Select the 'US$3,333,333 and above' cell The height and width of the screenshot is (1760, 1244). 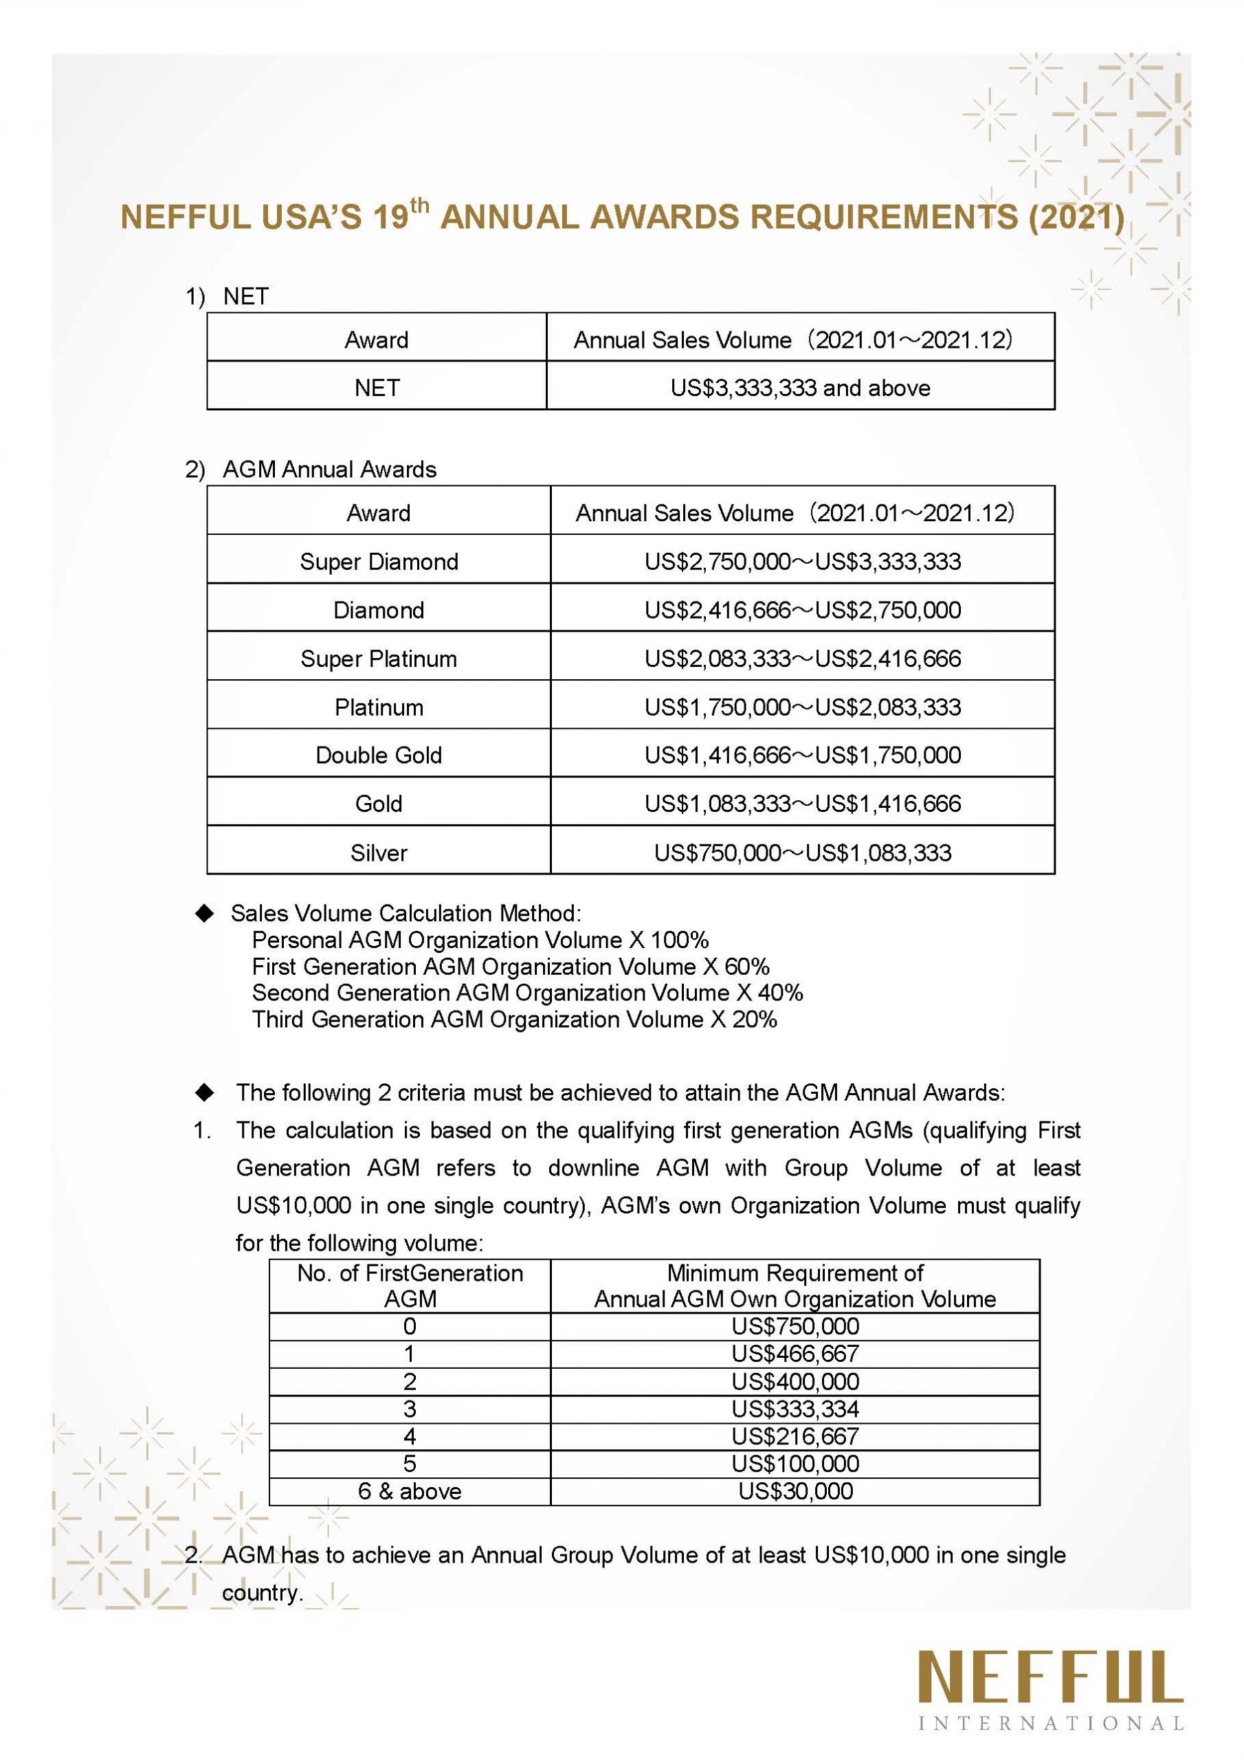[x=799, y=388]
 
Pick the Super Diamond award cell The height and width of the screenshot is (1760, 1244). [x=379, y=562]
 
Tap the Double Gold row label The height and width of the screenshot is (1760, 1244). [x=379, y=755]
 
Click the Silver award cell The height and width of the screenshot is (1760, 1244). [x=379, y=852]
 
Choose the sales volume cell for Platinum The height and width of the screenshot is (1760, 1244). [x=802, y=707]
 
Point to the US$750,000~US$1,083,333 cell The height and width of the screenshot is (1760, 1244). [x=802, y=852]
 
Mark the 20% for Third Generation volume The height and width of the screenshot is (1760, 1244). [x=754, y=1020]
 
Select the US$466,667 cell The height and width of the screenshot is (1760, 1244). [x=795, y=1353]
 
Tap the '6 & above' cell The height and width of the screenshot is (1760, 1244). [x=410, y=1491]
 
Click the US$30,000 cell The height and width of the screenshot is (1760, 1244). [x=795, y=1491]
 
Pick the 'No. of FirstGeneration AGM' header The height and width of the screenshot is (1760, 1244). [x=410, y=1286]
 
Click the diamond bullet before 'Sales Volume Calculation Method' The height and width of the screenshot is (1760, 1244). [x=205, y=913]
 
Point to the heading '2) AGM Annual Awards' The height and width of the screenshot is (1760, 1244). [x=311, y=469]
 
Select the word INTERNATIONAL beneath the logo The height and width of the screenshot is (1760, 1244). [x=1050, y=1724]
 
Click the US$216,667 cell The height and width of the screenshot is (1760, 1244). [x=795, y=1435]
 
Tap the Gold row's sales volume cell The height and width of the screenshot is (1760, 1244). [x=802, y=804]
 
